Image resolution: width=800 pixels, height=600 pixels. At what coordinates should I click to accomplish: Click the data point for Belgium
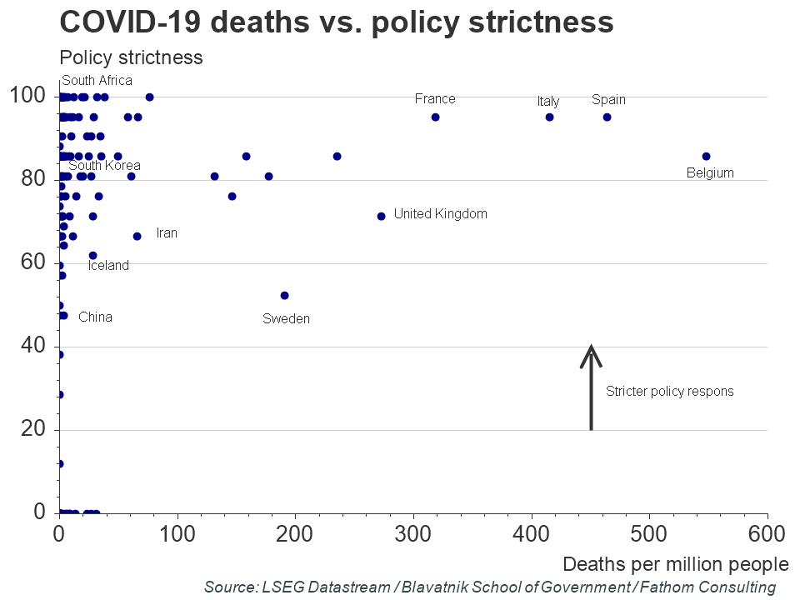pos(706,156)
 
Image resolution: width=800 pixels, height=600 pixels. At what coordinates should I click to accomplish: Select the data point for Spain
pos(607,117)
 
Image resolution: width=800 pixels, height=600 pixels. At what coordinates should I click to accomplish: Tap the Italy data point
pos(549,117)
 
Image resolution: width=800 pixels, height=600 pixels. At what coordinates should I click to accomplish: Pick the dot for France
pos(435,117)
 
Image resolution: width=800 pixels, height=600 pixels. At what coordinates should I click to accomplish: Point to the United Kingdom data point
pos(381,216)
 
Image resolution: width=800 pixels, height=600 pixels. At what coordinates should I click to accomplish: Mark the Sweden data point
pos(284,295)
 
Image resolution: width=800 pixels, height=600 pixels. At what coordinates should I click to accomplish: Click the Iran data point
pos(137,236)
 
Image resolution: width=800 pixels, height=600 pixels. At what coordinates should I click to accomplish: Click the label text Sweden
pos(286,318)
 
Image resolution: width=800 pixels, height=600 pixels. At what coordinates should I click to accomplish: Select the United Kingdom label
pos(440,214)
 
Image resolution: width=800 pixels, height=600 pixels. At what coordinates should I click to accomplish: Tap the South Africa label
pos(97,81)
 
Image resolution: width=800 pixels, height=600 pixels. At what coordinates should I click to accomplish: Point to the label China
pos(95,317)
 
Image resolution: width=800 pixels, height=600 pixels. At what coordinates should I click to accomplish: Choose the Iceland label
pos(108,266)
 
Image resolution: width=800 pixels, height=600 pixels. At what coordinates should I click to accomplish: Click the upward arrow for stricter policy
pos(591,387)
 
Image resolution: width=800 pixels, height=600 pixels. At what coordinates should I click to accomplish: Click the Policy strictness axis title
pos(131,57)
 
